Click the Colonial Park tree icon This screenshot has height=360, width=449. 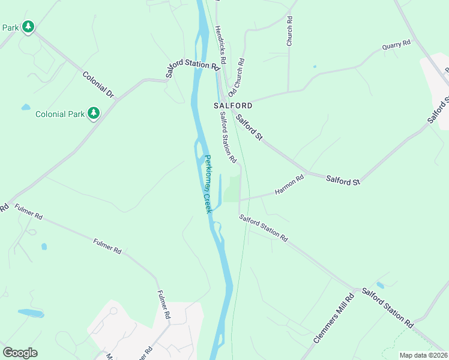(93, 113)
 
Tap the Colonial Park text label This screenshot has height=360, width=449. (61, 114)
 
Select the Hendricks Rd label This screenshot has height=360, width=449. (220, 45)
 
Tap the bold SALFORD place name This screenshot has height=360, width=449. (233, 105)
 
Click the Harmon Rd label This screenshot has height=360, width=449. (290, 184)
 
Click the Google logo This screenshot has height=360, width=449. (20, 353)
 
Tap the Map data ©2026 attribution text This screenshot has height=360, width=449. (423, 355)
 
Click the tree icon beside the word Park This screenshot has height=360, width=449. (28, 27)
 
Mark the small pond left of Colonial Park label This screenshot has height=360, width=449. (25, 107)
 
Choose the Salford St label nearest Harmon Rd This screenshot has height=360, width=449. (343, 179)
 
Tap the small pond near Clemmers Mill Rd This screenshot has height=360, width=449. (381, 285)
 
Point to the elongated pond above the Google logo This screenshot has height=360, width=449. (31, 313)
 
